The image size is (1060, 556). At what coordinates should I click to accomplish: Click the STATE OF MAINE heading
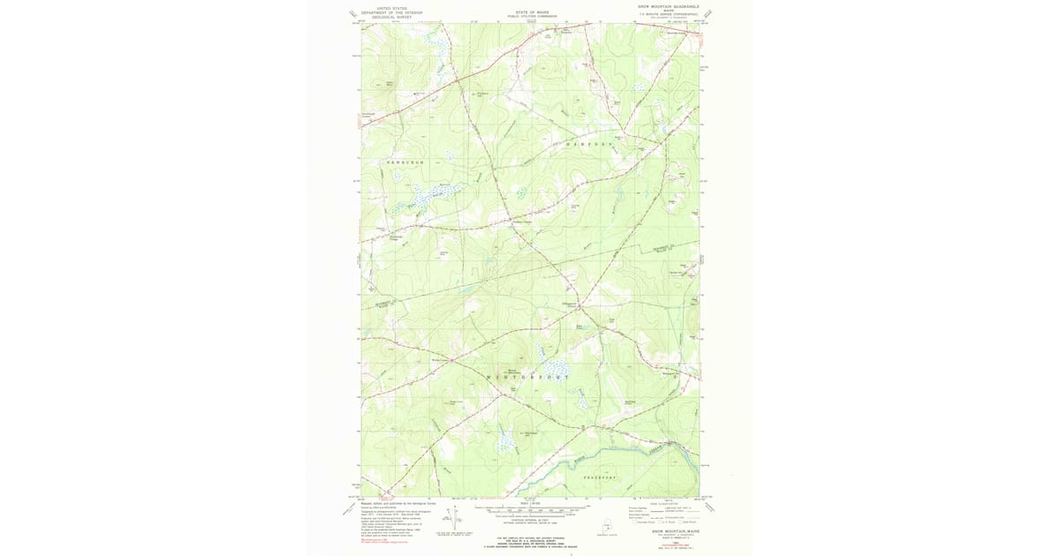click(530, 11)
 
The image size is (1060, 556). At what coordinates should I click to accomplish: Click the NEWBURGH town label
click(405, 164)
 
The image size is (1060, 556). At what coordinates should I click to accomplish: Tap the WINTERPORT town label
click(528, 378)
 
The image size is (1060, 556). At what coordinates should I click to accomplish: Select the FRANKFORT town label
click(605, 477)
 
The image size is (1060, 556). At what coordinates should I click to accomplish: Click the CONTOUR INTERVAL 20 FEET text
click(530, 521)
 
